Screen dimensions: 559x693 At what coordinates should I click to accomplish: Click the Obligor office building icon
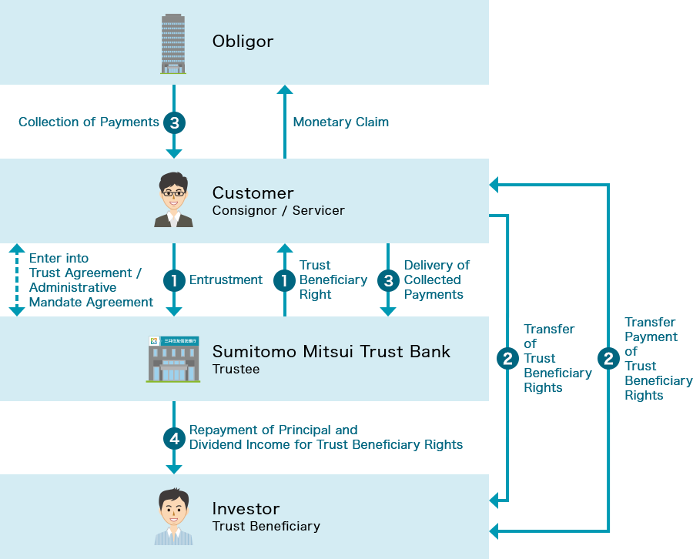tap(173, 43)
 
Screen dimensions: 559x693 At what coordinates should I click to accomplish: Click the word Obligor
tap(243, 42)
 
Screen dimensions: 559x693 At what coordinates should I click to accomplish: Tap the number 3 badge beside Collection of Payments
tap(174, 122)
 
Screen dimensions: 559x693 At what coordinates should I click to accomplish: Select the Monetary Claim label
tap(340, 122)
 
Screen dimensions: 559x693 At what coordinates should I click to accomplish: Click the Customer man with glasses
tap(173, 200)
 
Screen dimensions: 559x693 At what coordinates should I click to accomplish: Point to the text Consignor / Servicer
tap(278, 211)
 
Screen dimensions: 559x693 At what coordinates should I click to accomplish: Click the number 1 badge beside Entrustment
tap(174, 281)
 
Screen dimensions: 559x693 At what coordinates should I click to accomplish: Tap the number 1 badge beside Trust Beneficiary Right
tap(284, 281)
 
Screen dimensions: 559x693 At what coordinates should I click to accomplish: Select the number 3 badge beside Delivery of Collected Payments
tap(388, 281)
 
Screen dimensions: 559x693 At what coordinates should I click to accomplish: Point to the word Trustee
tap(236, 370)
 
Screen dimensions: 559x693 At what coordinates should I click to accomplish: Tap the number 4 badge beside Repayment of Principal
tap(174, 438)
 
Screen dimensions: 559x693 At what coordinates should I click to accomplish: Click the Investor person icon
tap(173, 517)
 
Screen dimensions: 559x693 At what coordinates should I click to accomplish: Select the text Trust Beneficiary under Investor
tap(266, 527)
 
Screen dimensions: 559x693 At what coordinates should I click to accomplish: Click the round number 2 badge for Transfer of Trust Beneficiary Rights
tap(507, 359)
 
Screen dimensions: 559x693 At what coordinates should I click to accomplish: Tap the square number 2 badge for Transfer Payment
tap(608, 359)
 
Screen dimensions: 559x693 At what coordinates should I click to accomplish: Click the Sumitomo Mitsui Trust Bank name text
tap(331, 352)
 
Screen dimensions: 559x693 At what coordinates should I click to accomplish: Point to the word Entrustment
tap(226, 280)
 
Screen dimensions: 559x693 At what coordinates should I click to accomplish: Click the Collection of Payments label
tap(89, 122)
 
